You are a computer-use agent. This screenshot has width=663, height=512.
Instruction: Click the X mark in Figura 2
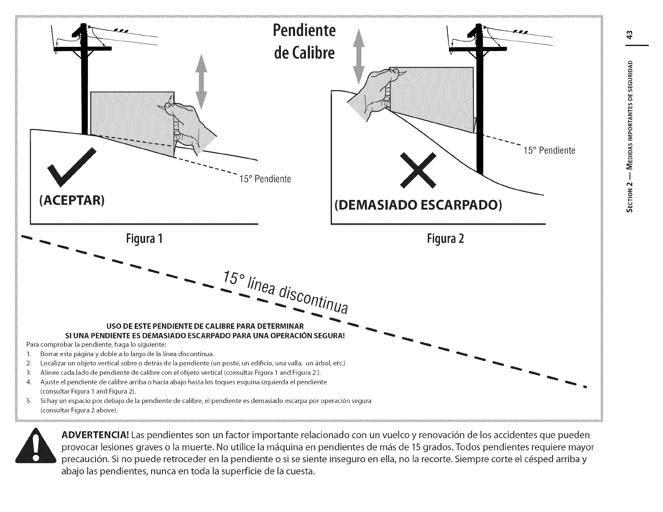coord(418,171)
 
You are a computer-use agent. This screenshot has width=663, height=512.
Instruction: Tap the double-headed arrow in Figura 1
coord(202,82)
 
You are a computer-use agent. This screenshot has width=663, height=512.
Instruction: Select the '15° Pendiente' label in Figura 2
coord(549,151)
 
